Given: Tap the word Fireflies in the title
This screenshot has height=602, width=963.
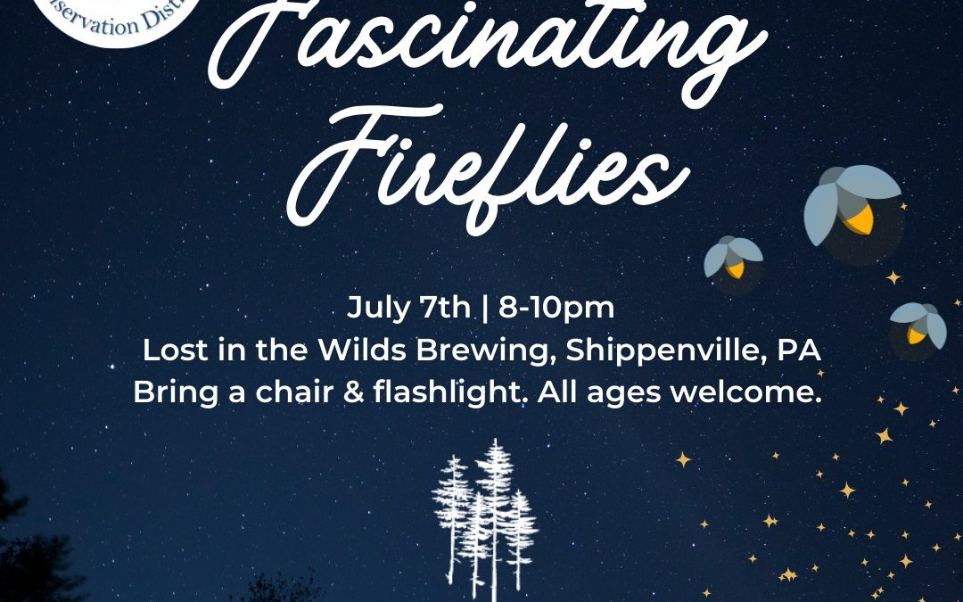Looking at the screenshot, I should point(486,165).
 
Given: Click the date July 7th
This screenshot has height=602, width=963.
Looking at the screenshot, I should point(408,309).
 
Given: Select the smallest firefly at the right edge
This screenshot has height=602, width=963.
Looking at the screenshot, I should point(918,325).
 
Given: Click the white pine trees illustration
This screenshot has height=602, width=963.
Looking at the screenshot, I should point(485,517).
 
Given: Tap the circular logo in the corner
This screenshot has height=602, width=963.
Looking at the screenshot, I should point(88,18).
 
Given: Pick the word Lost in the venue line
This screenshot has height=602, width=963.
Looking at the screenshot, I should point(171,350).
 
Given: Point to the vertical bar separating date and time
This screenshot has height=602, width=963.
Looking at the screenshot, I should point(484,309).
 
